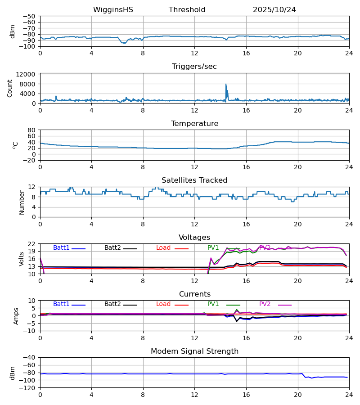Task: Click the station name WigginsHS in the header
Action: [x=113, y=10]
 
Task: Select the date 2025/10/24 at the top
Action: [x=274, y=10]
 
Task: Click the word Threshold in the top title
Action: [x=187, y=10]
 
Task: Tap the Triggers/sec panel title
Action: [x=194, y=67]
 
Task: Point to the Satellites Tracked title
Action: [x=194, y=180]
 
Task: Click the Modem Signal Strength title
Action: [x=194, y=351]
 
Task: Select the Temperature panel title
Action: [x=194, y=124]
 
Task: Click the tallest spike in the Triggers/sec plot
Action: [x=226, y=84]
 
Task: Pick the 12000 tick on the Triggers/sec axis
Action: [x=28, y=74]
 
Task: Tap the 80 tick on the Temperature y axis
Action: [x=32, y=130]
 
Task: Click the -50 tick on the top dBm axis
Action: [x=30, y=16]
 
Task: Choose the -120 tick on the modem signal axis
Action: [x=28, y=388]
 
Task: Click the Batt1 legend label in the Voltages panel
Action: [x=61, y=248]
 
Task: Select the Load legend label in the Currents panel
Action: [x=163, y=304]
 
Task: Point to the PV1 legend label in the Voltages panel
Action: [x=213, y=248]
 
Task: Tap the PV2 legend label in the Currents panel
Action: [x=265, y=304]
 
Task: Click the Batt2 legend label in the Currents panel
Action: [x=112, y=304]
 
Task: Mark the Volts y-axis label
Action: [x=22, y=259]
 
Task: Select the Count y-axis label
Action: [x=10, y=88]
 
